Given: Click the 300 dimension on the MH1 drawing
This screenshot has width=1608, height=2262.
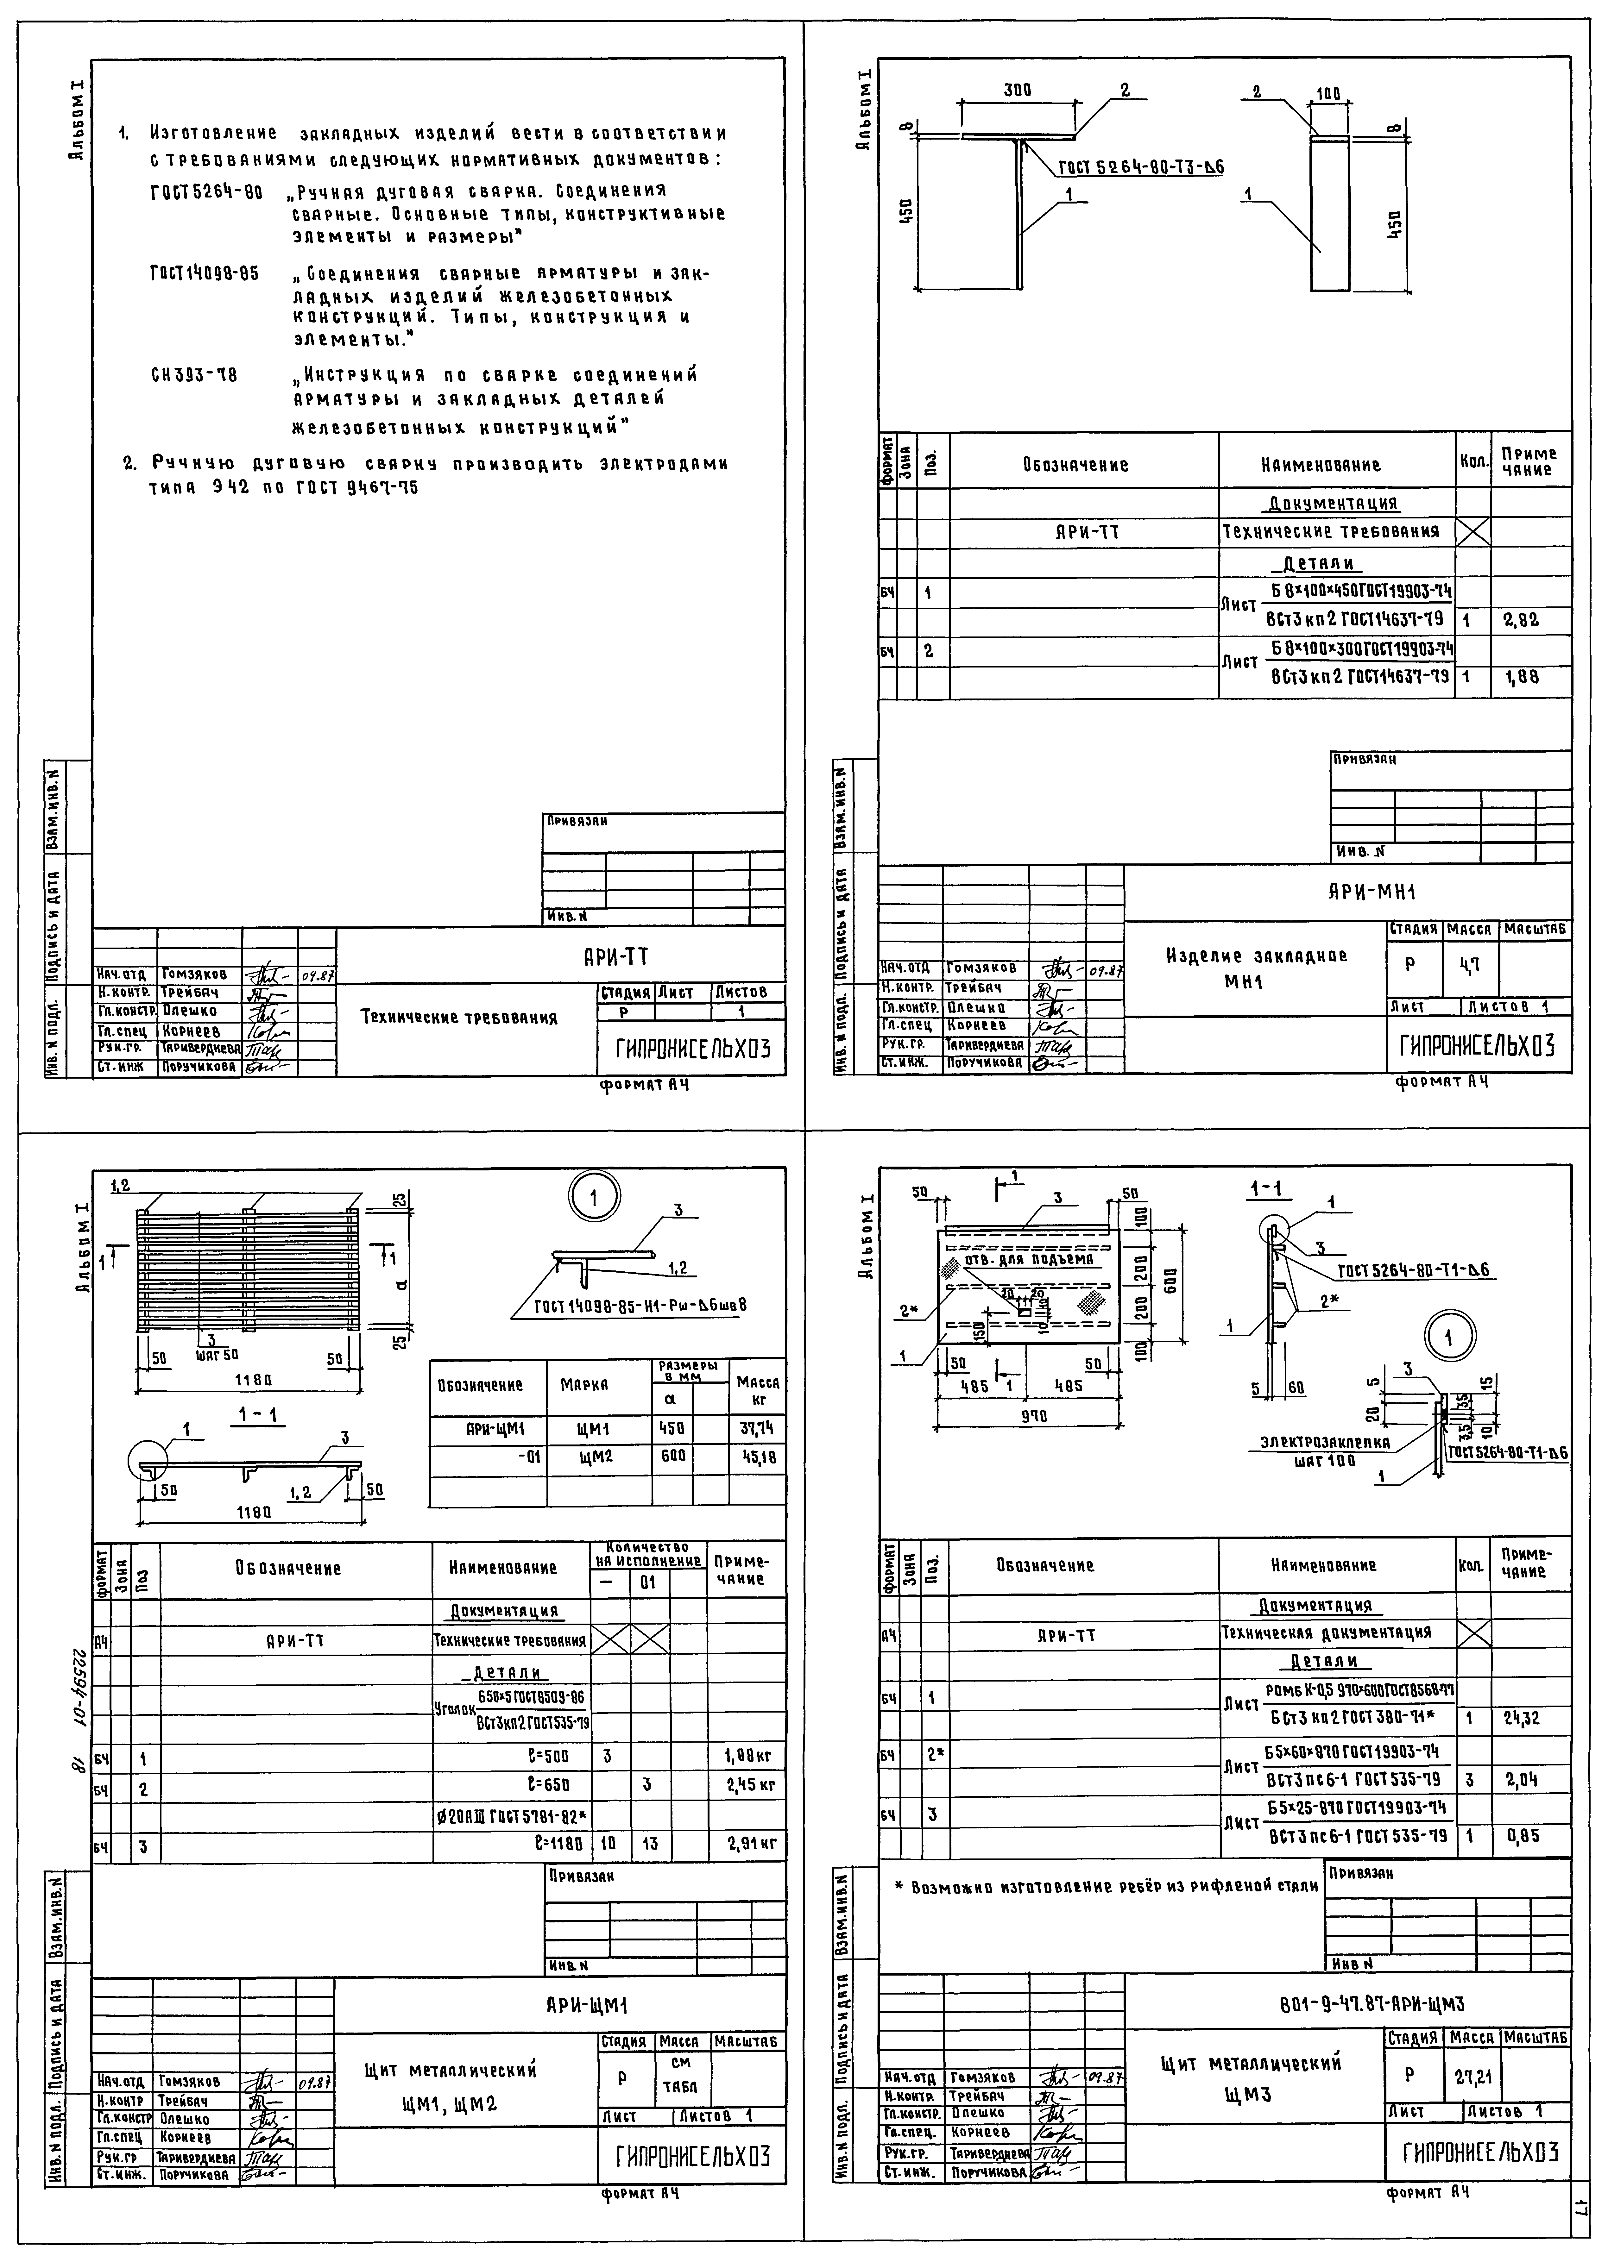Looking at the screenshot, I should click(x=1017, y=90).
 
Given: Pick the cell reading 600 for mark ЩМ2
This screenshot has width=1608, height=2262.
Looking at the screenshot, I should click(x=673, y=1457).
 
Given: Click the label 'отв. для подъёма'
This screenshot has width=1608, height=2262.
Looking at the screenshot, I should click(x=1021, y=1260).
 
